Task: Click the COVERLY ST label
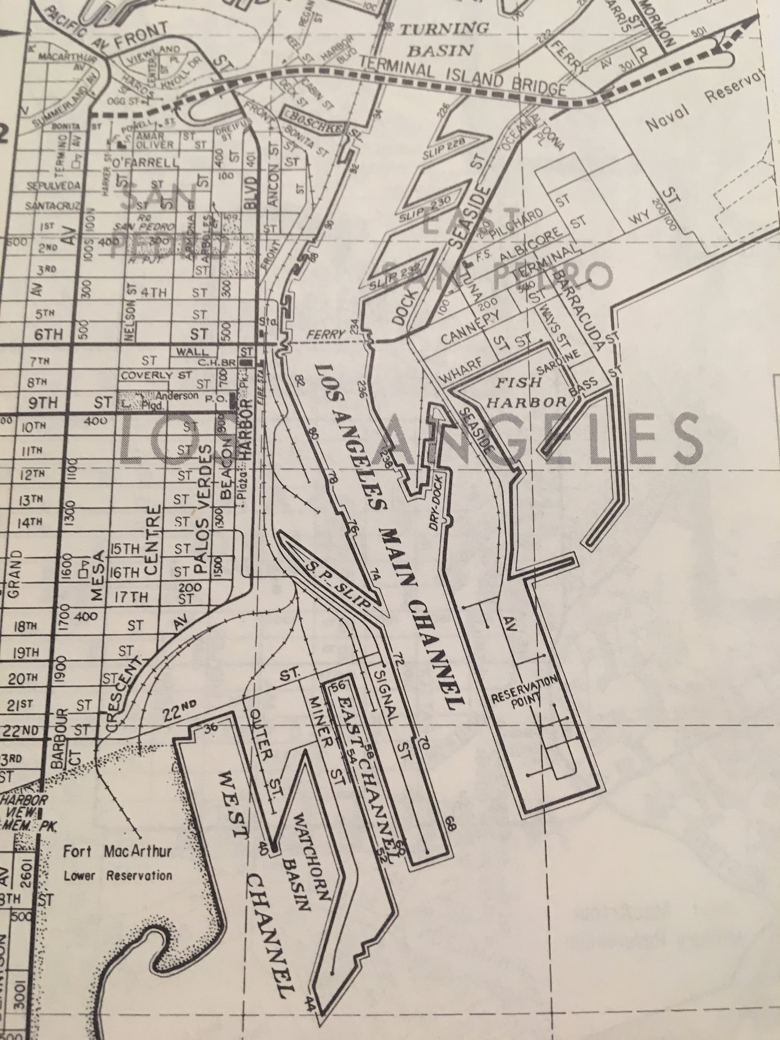156,375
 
